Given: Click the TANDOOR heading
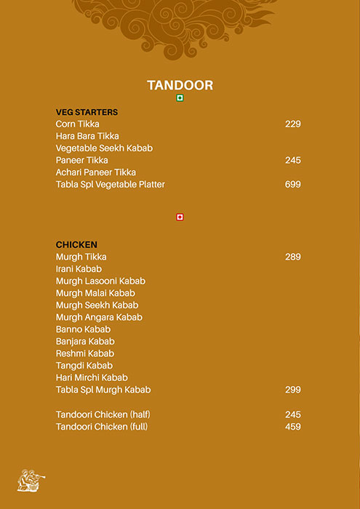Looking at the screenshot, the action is [180, 85].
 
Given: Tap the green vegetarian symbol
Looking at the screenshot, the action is [180, 98].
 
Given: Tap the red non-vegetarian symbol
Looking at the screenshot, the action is [180, 217].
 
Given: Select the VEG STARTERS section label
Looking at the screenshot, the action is [87, 112].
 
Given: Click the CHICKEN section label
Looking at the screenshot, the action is [76, 245].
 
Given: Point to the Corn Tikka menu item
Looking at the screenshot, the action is [78, 124].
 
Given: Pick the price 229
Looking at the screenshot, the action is [292, 124].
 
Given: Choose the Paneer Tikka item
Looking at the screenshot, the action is [81, 160].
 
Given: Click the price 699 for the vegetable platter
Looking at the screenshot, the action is [292, 185].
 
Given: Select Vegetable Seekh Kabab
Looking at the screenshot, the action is [104, 148].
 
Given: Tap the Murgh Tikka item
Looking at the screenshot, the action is [81, 257].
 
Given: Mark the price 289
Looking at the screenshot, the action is [292, 257].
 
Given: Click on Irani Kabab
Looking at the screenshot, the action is [79, 269].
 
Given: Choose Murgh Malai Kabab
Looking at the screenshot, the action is [95, 293].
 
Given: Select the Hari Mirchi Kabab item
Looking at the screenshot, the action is [92, 377].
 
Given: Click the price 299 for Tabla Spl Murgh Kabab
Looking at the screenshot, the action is [292, 390].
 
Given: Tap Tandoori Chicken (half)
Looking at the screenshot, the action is [103, 414].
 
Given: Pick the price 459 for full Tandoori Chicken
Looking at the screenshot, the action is [292, 427].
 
